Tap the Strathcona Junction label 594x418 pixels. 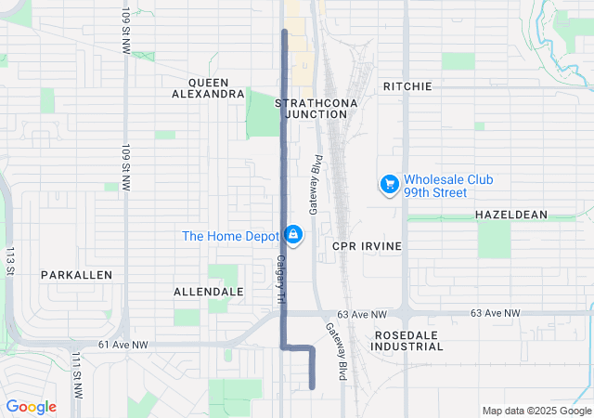pos(311,108)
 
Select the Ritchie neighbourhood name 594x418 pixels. pos(407,86)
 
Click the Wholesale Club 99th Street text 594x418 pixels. pos(448,186)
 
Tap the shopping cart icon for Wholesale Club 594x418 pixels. pos(389,186)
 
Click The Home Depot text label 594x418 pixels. pos(231,236)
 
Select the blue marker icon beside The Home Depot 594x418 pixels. pos(293,235)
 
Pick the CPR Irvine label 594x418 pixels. pos(367,246)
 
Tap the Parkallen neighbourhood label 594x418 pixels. pos(76,275)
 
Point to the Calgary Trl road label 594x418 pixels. pos(278,278)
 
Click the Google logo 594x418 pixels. pos(32,407)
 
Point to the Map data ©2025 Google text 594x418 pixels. pos(536,411)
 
